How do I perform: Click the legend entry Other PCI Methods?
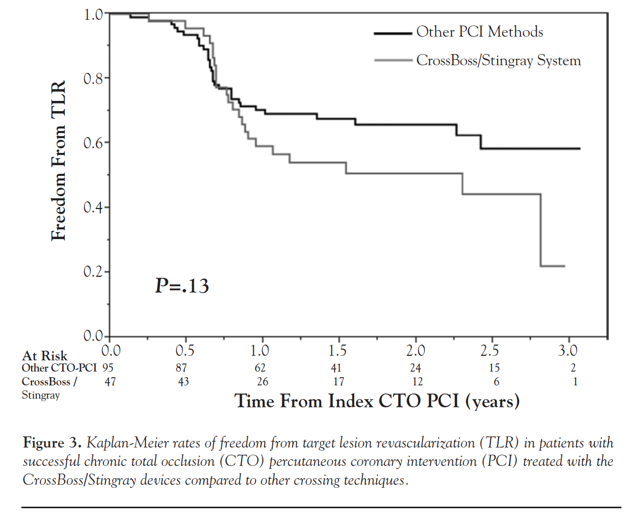479,32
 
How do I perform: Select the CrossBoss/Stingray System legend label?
498,61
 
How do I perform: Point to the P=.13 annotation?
182,286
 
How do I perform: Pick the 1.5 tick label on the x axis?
337,351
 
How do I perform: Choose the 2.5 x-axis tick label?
490,351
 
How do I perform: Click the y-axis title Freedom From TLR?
59,161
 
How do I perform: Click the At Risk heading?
45,355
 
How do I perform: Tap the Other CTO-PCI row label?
59,368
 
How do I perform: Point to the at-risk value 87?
181,368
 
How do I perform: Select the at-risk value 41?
336,368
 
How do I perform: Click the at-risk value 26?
262,382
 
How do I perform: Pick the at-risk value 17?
338,382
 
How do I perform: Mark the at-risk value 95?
108,368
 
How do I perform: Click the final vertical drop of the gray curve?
540,230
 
